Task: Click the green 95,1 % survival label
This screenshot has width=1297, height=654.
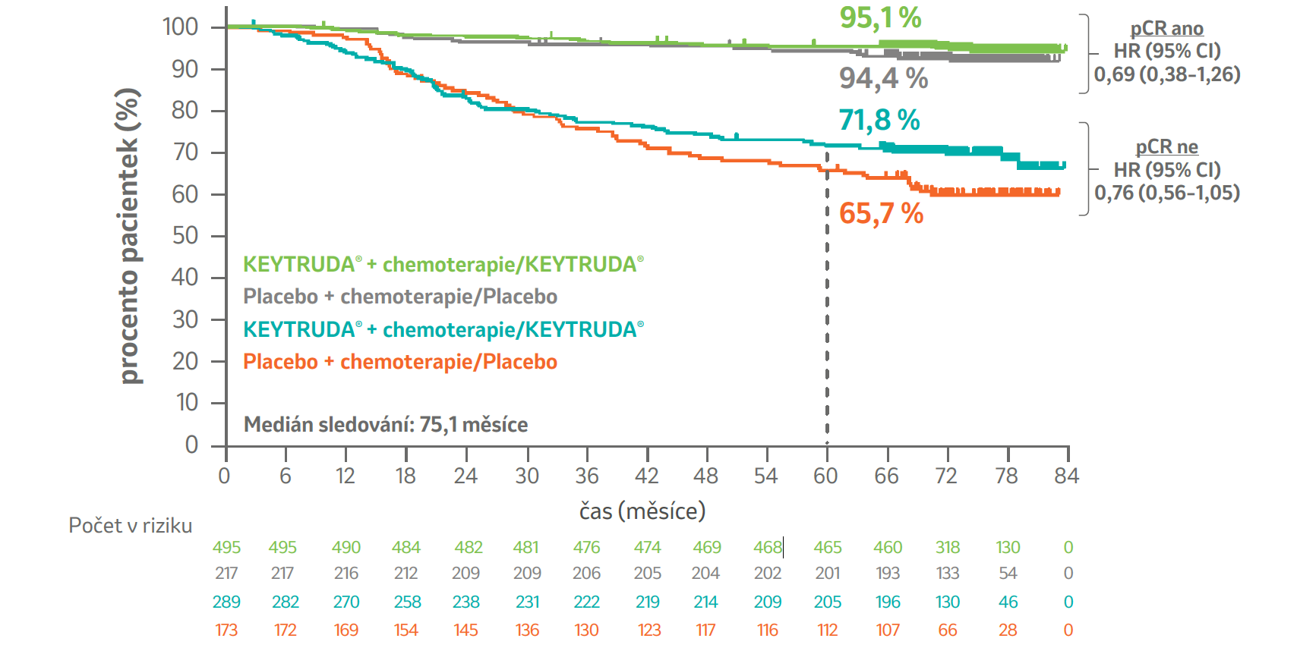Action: coord(879,17)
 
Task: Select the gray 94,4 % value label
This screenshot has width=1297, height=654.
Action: coord(883,78)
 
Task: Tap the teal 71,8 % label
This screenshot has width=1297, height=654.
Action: coord(879,120)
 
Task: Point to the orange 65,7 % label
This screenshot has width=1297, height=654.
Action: coord(881,214)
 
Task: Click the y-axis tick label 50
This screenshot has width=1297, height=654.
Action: coord(185,236)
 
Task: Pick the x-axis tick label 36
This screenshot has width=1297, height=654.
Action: coord(586,476)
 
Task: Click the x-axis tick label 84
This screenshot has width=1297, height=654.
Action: coord(1066,476)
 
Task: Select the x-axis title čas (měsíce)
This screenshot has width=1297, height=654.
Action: coord(642,511)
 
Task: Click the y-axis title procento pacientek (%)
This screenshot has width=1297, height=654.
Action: coord(129,236)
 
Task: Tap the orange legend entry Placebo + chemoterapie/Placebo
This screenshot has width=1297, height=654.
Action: coord(399,362)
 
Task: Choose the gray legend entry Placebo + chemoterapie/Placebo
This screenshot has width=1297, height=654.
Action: coord(399,297)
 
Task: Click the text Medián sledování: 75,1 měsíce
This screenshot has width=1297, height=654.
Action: coord(385,425)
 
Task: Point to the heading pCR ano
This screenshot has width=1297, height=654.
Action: coord(1166,29)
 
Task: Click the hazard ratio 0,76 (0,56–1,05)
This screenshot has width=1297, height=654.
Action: coord(1166,193)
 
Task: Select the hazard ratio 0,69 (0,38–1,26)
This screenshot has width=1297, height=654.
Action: coord(1166,74)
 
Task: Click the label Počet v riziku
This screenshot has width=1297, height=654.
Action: coord(130,526)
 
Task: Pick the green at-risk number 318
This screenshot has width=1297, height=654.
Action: coord(947,548)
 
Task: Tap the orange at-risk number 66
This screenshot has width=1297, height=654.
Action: coord(947,630)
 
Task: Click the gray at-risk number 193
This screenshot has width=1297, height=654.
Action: coord(887,574)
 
